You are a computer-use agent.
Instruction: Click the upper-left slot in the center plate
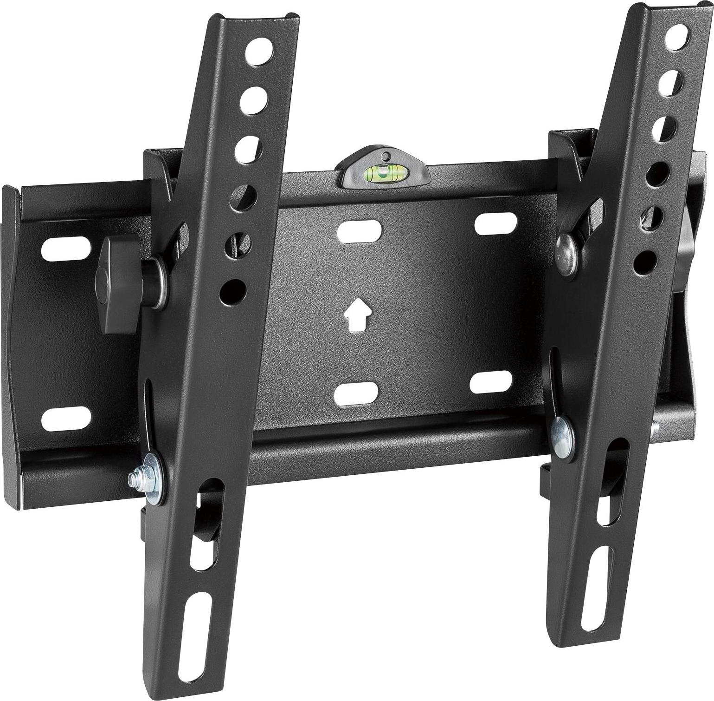pos(359,231)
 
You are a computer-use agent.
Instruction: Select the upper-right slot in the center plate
pos(493,223)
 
